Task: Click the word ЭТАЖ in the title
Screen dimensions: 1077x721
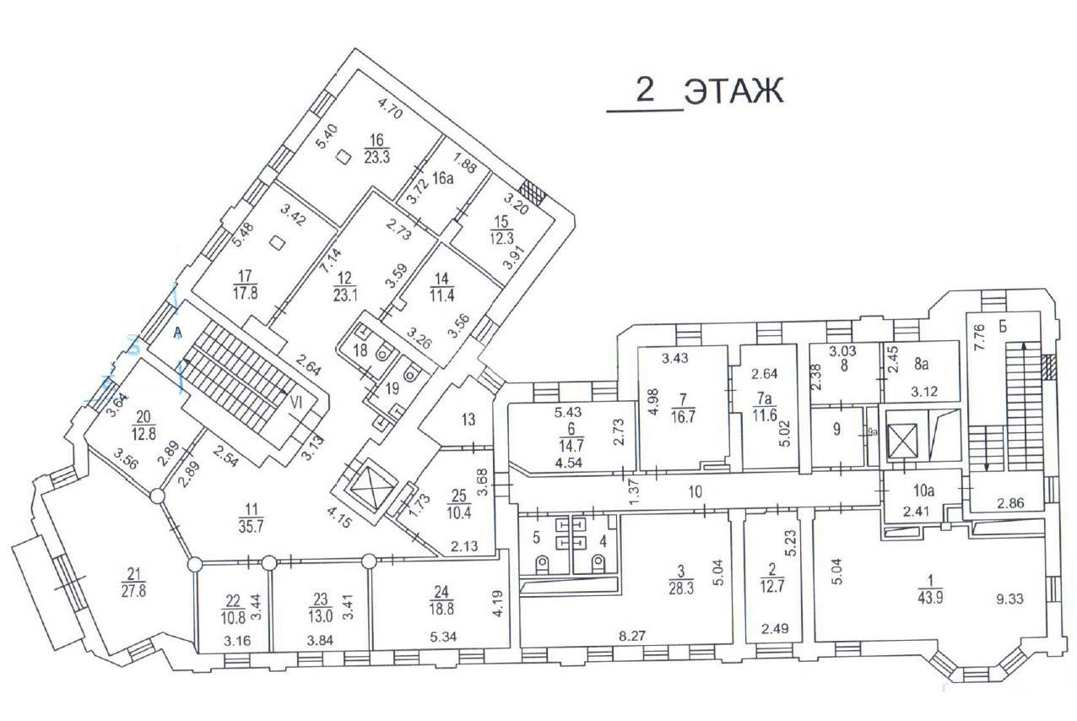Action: [x=734, y=90]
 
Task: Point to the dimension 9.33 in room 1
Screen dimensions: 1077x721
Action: [x=1009, y=599]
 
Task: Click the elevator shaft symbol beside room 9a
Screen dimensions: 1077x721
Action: [x=903, y=441]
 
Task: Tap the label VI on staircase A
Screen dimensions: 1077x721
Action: [x=296, y=403]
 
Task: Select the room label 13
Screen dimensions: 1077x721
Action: [x=468, y=420]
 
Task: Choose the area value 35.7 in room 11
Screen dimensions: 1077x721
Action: [x=251, y=526]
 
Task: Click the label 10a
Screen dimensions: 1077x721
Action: [x=923, y=491]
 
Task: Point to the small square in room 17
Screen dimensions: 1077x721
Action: [x=277, y=243]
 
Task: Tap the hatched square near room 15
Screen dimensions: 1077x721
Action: [x=534, y=192]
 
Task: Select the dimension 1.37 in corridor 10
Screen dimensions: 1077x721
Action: [x=635, y=491]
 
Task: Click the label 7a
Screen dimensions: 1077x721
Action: [x=765, y=398]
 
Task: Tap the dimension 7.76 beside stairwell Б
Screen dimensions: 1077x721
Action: [x=979, y=338]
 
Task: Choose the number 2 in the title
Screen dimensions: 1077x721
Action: [x=645, y=89]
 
